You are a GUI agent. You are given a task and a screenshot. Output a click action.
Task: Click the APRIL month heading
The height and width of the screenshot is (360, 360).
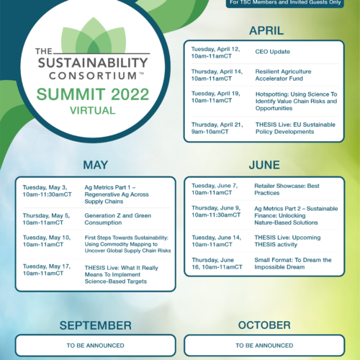(266, 31)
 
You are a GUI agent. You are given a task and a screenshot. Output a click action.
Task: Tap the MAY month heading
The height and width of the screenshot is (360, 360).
(96, 165)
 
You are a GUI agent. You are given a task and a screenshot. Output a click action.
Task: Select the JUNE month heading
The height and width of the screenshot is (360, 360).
(264, 165)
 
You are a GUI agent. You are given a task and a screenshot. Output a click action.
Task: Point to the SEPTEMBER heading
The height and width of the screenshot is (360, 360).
(96, 325)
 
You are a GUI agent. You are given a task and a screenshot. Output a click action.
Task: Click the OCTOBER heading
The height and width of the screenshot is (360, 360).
(264, 325)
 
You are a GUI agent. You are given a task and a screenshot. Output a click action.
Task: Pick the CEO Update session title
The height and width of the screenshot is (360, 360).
(272, 52)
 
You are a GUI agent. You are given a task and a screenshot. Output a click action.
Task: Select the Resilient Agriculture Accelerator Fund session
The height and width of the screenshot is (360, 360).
(283, 75)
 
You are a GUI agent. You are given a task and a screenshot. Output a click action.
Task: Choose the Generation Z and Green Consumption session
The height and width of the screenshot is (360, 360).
(118, 219)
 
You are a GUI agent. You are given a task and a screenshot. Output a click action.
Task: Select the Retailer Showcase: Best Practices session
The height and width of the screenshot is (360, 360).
(287, 189)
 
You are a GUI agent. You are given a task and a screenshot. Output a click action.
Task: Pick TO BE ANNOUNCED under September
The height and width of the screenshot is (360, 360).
(96, 346)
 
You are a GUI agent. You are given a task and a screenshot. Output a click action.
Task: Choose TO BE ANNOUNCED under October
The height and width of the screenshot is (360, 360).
(264, 346)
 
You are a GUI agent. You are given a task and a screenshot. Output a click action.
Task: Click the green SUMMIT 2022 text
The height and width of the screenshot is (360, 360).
(93, 94)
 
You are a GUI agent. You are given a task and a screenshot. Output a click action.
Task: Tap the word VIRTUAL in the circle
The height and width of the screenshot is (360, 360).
(93, 111)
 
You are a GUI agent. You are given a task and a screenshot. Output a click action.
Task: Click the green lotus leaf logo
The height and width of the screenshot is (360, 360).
(94, 35)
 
